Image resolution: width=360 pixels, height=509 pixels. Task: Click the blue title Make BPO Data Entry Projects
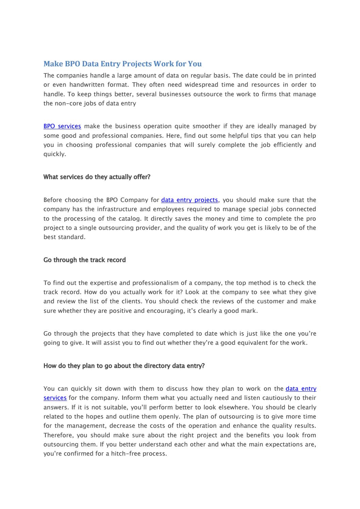point(122,64)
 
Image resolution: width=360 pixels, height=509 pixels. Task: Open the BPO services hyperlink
point(62,126)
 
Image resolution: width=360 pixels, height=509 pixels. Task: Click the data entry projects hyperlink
point(189,200)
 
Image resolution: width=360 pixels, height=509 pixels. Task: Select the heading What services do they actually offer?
point(97,177)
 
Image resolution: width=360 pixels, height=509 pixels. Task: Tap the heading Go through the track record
point(85,260)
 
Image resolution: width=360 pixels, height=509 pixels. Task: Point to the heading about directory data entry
point(124,366)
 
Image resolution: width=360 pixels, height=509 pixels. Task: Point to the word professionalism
point(156,283)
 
